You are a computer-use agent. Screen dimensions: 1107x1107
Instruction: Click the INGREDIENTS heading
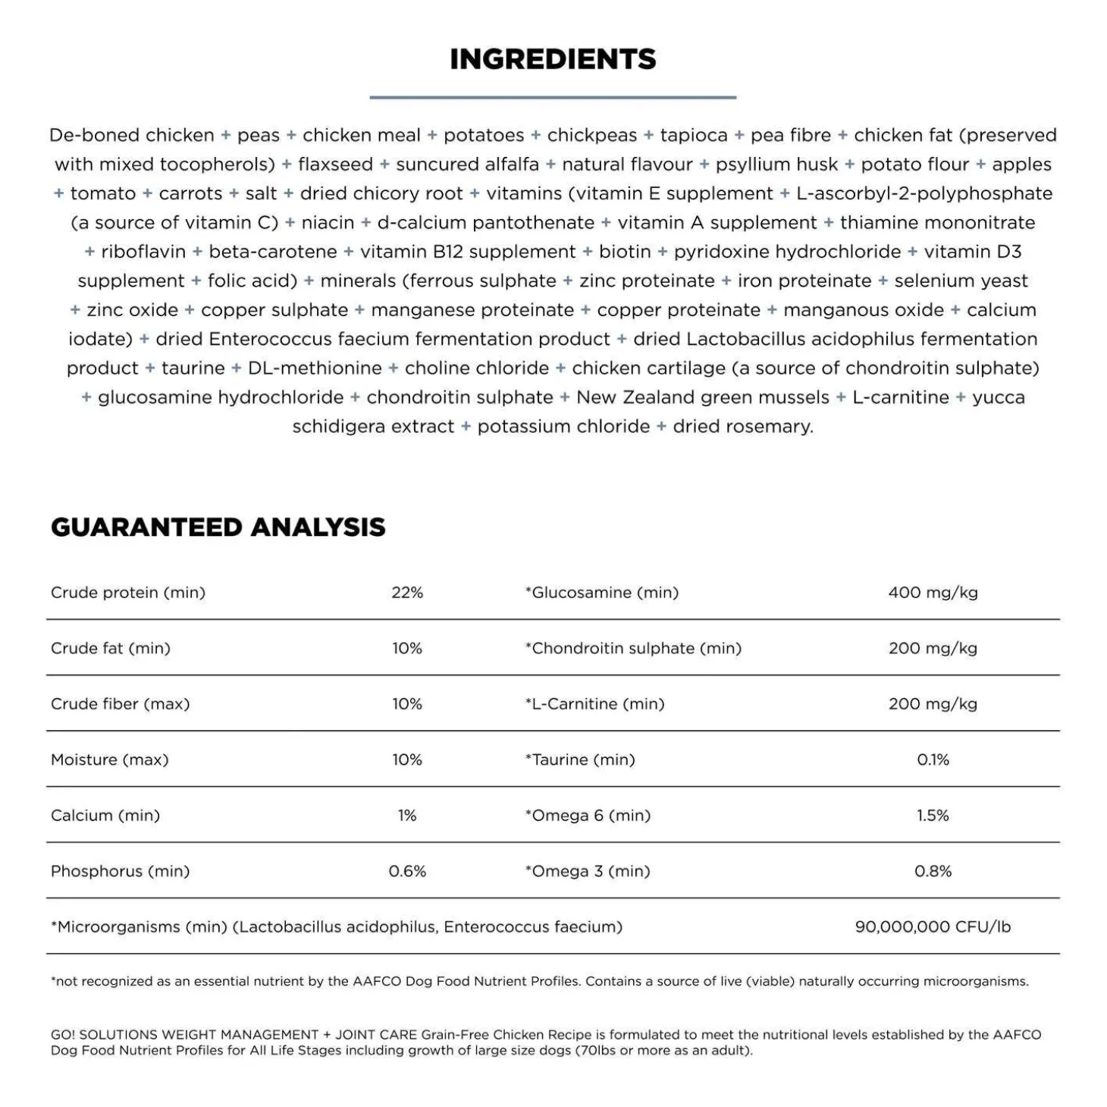click(x=553, y=59)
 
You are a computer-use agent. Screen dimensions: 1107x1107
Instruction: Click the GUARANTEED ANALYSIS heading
click(x=218, y=527)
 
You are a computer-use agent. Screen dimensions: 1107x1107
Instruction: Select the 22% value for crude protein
click(x=407, y=592)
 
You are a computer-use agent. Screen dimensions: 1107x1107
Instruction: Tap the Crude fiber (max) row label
click(x=120, y=704)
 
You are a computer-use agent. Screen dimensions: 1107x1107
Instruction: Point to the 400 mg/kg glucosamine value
click(x=933, y=592)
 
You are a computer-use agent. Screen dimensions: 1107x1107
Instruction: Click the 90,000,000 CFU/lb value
click(x=933, y=927)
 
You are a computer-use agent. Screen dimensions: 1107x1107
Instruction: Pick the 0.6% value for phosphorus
click(x=407, y=871)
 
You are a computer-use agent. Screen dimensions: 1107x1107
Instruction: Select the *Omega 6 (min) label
click(x=588, y=815)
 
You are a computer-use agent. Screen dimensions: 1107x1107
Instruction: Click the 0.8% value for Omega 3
click(x=933, y=871)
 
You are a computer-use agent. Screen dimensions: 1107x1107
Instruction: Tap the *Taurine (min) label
click(x=580, y=760)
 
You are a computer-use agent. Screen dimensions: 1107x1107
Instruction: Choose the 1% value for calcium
click(x=407, y=815)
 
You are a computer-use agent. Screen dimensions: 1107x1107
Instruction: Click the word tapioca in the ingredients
click(x=693, y=135)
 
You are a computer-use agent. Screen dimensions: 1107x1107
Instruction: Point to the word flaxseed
click(x=335, y=165)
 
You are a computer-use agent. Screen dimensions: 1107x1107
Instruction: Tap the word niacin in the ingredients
click(x=328, y=223)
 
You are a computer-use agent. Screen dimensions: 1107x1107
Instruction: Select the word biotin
click(x=625, y=252)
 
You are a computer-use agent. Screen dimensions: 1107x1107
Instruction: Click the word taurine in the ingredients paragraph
click(x=193, y=368)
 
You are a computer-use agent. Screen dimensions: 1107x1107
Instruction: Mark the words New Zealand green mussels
click(x=703, y=397)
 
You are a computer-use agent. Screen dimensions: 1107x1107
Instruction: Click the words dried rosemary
click(x=742, y=427)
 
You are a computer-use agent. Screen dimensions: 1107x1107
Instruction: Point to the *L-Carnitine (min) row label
click(x=594, y=704)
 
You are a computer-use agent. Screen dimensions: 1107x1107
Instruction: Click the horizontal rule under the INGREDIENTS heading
click(x=553, y=97)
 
